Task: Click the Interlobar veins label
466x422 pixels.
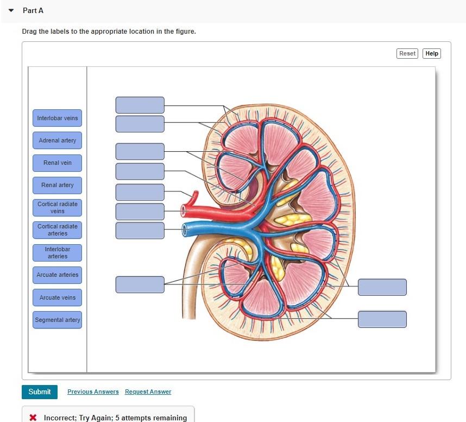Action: tap(57, 118)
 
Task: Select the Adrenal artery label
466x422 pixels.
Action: tap(57, 140)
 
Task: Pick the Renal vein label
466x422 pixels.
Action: tap(57, 163)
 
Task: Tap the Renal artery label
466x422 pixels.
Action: tap(57, 185)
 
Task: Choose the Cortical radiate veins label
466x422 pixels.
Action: tap(57, 207)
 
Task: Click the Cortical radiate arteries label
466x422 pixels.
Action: tap(57, 229)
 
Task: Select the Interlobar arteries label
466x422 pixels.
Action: tap(57, 252)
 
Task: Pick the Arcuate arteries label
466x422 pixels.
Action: tap(57, 275)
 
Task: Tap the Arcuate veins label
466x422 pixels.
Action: tap(57, 297)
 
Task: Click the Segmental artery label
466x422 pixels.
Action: tap(57, 320)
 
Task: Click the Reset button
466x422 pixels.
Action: tap(407, 53)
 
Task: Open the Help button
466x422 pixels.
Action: tap(432, 53)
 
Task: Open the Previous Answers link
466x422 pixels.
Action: tap(93, 392)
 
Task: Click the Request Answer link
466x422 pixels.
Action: tap(148, 392)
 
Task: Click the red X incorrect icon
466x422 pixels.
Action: tap(33, 418)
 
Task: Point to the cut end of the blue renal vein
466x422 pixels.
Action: tap(185, 228)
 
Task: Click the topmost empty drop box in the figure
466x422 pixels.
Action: tap(140, 105)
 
